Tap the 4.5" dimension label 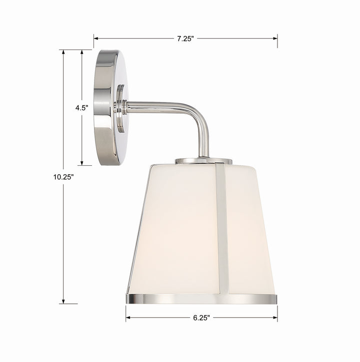82,107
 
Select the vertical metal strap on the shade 221,230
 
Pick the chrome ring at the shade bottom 200,299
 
